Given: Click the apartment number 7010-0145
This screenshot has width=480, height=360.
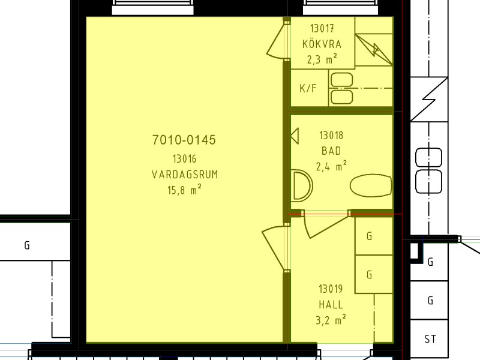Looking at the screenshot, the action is click(184, 140).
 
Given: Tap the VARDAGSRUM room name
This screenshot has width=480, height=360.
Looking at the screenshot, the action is click(185, 175).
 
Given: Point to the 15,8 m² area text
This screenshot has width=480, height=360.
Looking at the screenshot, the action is click(184, 190).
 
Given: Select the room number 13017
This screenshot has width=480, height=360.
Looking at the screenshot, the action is click(322, 28).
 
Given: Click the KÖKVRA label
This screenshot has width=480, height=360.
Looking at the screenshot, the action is click(322, 44).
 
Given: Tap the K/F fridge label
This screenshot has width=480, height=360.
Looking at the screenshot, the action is click(308, 88).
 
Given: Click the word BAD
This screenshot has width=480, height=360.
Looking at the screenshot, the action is click(331, 151).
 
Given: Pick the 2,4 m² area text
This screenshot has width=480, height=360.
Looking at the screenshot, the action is click(332, 166).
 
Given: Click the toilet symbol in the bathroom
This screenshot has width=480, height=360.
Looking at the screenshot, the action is click(371, 185).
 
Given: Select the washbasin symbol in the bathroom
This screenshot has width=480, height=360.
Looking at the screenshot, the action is click(302, 185).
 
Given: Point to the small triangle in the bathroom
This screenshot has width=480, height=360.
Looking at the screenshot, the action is click(295, 136).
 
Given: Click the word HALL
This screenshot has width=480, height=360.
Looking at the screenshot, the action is click(331, 305).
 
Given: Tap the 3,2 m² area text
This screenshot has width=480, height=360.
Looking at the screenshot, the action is click(331, 320).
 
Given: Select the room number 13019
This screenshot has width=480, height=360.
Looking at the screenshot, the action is click(331, 289).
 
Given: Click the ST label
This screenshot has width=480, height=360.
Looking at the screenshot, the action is click(430, 339).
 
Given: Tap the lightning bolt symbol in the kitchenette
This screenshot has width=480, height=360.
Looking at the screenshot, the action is click(374, 50).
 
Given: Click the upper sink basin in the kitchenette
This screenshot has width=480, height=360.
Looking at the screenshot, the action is click(341, 80).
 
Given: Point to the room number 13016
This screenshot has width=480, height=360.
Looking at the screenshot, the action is click(184, 159).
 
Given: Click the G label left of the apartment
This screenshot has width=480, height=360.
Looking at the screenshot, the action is click(27, 245).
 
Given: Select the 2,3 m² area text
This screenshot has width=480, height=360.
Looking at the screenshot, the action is click(322, 59).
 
